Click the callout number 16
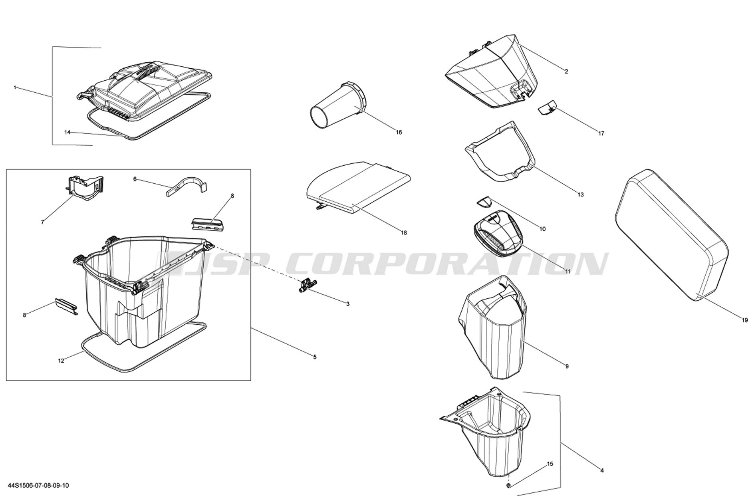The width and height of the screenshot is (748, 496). tap(399, 133)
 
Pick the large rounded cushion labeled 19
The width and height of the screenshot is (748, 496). tap(671, 235)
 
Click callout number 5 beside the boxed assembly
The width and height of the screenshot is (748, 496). tap(315, 357)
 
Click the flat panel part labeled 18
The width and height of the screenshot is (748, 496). tap(358, 188)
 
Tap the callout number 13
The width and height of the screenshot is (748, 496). tap(580, 195)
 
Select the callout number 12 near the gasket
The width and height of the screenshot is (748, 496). tap(61, 361)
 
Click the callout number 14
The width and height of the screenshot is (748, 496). tap(67, 132)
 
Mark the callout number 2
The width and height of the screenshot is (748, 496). tap(566, 72)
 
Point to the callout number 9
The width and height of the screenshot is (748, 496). tap(567, 366)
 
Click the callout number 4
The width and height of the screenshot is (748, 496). tap(602, 470)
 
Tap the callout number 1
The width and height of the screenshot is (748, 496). tap(15, 87)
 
